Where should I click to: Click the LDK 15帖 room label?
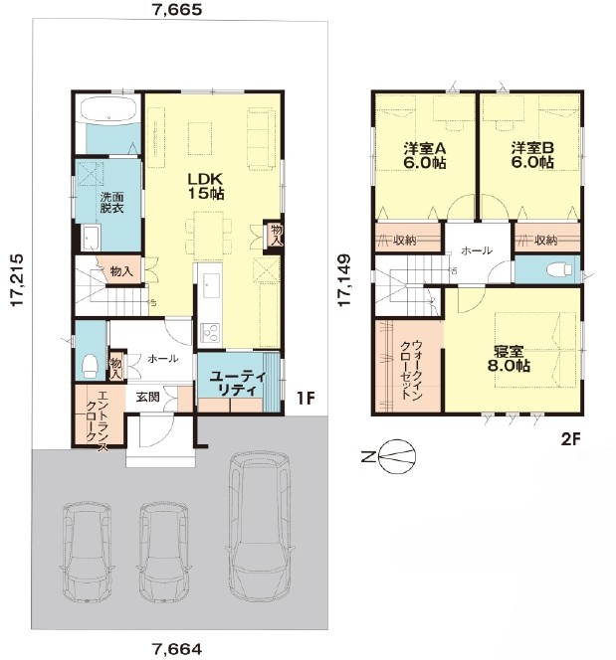coord(206,186)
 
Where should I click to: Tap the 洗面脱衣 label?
coord(111,202)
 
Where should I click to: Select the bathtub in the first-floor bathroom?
coord(108,109)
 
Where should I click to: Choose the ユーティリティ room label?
coord(238,383)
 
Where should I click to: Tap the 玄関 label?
coord(148,396)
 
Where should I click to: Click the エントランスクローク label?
coord(97,421)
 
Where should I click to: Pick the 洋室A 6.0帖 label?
coord(425,155)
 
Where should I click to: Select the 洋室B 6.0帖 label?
coord(532,155)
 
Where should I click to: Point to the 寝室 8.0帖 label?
coord(509,358)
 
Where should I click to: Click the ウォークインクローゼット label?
coord(412,369)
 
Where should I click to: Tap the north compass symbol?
coord(397,456)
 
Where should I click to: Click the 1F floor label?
coord(306,398)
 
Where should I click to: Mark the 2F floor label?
coord(571,440)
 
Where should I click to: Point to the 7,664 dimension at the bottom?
coord(177,648)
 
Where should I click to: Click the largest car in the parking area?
coord(260,525)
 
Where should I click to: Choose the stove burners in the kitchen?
coord(209,331)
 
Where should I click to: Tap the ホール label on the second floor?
coord(477,250)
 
